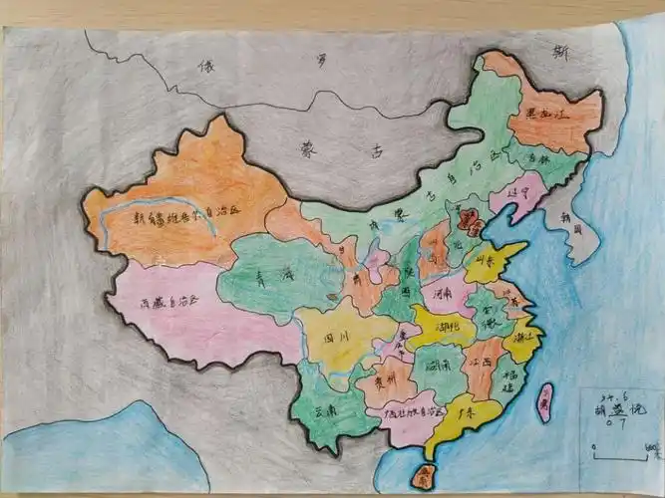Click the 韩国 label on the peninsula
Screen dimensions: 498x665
pos(570,225)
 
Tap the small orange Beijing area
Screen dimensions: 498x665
pos(468,218)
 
